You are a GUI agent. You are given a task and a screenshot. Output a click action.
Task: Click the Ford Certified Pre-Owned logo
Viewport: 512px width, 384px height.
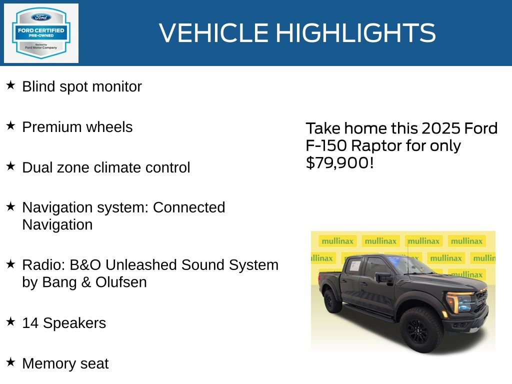tap(41, 33)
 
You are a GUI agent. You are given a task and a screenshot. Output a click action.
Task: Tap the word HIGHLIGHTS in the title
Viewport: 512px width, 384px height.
tap(355, 33)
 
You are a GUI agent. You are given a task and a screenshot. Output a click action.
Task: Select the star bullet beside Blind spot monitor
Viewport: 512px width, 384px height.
tap(10, 85)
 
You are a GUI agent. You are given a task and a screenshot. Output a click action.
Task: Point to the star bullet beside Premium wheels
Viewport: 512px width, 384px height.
tap(10, 126)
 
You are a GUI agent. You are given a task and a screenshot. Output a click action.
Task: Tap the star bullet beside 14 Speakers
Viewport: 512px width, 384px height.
tap(10, 322)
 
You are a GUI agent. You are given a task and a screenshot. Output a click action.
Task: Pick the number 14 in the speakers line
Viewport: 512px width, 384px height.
tap(30, 323)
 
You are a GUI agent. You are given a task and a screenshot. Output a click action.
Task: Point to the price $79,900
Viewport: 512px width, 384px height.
tap(339, 163)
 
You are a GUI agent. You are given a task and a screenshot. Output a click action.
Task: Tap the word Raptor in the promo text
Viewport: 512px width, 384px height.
tap(375, 146)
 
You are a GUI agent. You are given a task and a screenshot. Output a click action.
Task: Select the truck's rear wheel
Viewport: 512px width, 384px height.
tap(332, 301)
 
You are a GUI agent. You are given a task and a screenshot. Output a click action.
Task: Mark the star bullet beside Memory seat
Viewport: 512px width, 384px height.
tap(10, 362)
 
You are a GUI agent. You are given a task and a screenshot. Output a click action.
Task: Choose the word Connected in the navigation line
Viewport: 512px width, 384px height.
tap(189, 207)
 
